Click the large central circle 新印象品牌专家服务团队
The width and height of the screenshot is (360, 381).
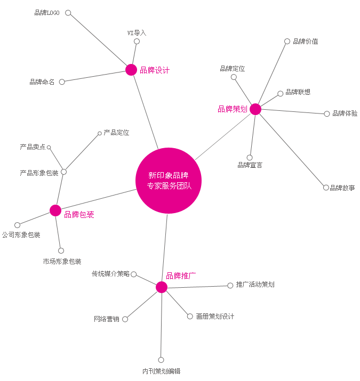pyautogui.click(x=169, y=180)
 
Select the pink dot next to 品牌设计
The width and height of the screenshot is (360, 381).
pyautogui.click(x=131, y=70)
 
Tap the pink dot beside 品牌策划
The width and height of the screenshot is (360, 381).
pyautogui.click(x=255, y=109)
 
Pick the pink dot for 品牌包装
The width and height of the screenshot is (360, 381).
pyautogui.click(x=55, y=210)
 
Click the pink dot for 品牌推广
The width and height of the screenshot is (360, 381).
pyautogui.click(x=162, y=287)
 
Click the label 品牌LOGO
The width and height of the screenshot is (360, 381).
pyautogui.click(x=47, y=13)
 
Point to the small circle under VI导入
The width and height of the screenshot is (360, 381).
pyautogui.click(x=137, y=42)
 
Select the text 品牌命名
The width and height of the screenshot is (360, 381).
pyautogui.click(x=42, y=82)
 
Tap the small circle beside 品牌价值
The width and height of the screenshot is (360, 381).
pyautogui.click(x=287, y=42)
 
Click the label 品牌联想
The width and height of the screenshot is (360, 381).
pyautogui.click(x=298, y=92)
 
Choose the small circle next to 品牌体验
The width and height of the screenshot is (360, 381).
pyautogui.click(x=327, y=114)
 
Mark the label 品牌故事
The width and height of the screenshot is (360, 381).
pyautogui.click(x=342, y=188)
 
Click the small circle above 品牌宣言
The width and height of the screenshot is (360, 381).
pyautogui.click(x=250, y=158)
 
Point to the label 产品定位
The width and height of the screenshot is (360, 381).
pyautogui.click(x=116, y=133)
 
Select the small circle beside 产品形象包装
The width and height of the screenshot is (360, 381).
pyautogui.click(x=64, y=172)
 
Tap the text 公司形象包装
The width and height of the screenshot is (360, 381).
pyautogui.click(x=21, y=235)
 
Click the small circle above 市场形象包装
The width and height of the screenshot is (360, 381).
pyautogui.click(x=61, y=250)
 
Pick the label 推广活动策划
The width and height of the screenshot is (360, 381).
pyautogui.click(x=255, y=285)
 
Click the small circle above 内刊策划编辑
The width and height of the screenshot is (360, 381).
pyautogui.click(x=161, y=360)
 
